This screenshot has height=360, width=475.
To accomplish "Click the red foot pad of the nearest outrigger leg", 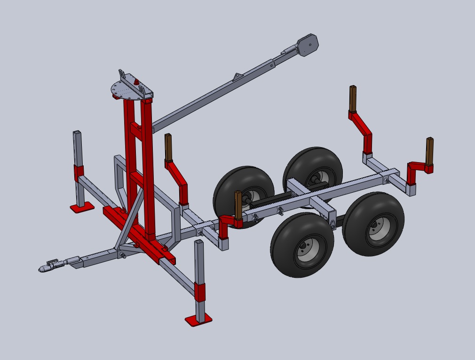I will tap(198, 320).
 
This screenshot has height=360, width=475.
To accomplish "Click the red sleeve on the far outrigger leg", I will tap(78, 172).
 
